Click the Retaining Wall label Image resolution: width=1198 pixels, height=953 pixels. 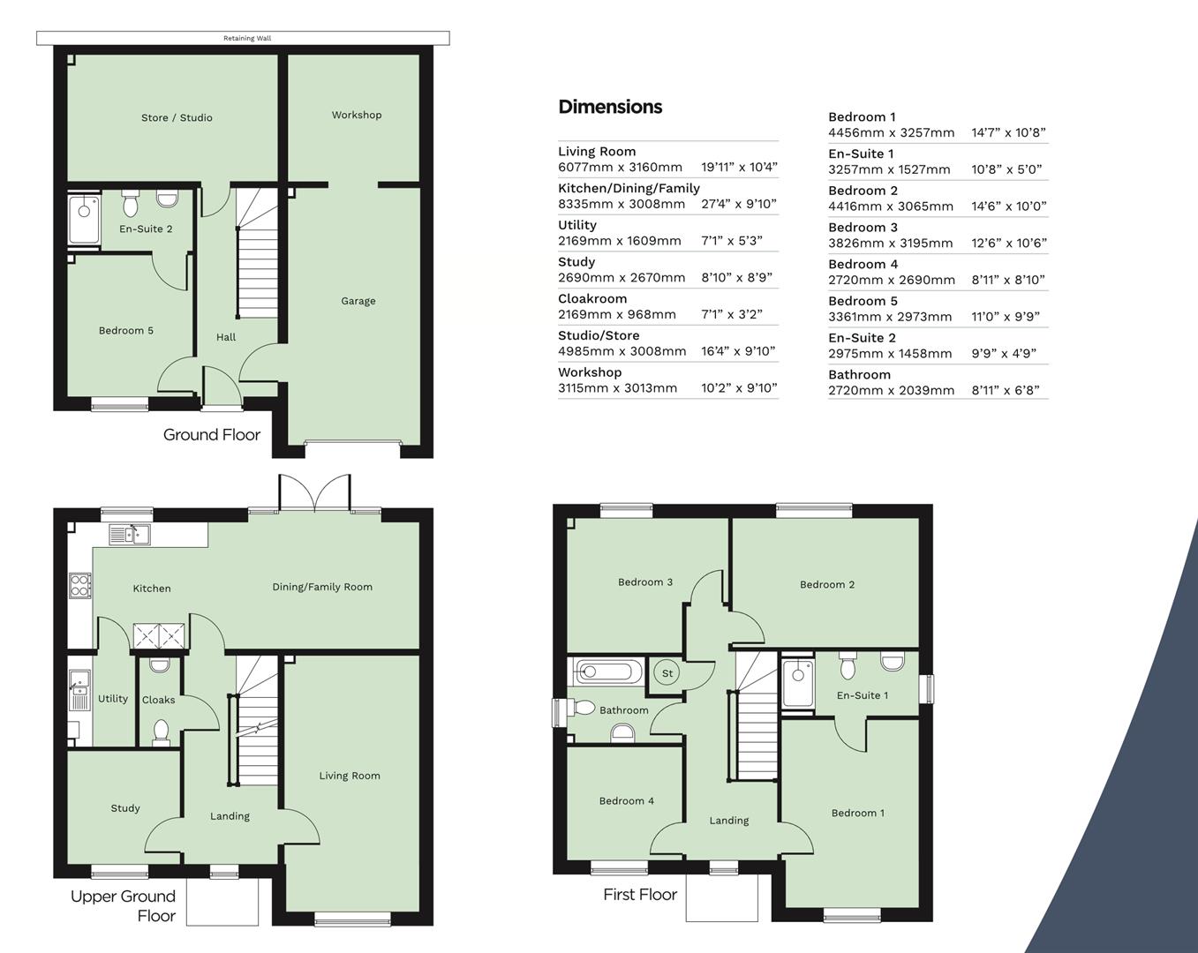246,38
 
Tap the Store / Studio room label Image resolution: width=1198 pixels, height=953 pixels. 177,117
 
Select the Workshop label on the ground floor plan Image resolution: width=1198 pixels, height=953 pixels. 357,115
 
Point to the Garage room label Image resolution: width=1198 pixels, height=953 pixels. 358,301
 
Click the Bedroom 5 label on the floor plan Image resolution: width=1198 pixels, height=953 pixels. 126,330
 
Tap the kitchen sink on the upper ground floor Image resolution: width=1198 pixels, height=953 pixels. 130,534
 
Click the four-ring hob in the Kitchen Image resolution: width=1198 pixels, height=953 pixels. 79,586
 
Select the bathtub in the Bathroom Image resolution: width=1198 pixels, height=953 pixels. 605,672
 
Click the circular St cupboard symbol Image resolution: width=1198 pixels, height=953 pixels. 667,673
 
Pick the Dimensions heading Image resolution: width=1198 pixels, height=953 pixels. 610,107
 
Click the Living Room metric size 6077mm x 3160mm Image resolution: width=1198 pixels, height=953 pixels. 620,167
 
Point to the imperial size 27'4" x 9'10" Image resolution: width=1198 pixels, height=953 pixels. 739,204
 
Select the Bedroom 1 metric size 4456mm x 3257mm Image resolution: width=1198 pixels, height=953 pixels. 891,132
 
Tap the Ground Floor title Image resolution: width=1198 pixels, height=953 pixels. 212,434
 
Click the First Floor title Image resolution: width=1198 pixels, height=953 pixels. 640,894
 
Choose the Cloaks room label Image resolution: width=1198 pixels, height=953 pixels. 159,700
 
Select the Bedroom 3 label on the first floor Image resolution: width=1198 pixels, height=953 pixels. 645,582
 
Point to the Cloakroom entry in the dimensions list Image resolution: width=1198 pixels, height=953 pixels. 592,298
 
